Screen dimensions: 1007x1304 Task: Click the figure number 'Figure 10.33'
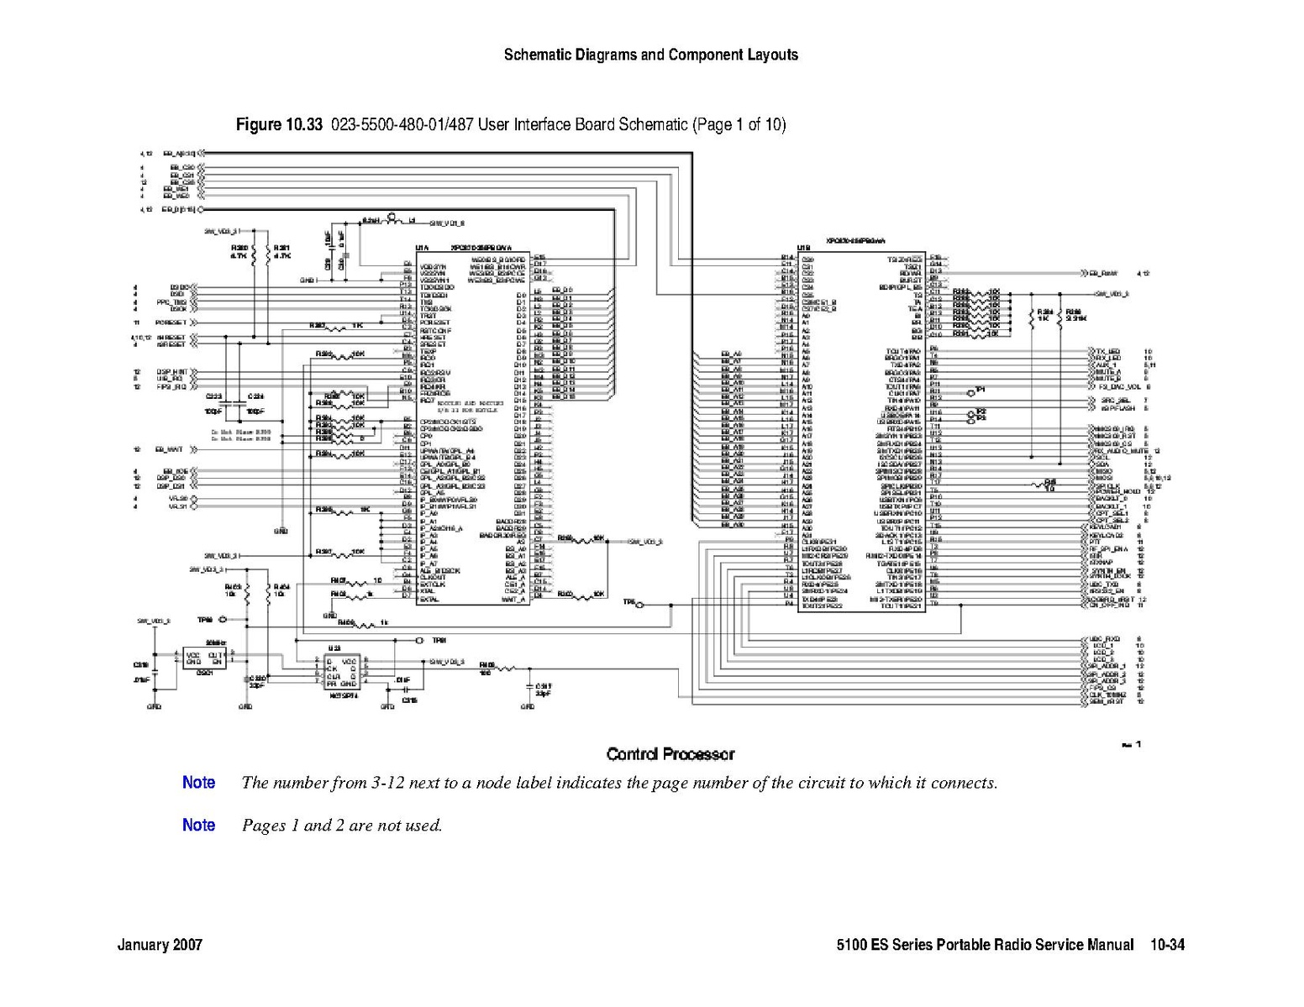pos(279,125)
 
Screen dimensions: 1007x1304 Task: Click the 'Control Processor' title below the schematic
pos(670,754)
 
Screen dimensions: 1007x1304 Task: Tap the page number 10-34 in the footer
pos(1167,945)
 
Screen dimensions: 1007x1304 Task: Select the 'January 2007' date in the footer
pos(160,945)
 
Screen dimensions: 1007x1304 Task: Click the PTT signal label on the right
pos(1094,542)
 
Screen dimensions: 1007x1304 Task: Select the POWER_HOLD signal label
pos(1117,491)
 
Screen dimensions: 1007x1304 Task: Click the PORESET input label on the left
pos(171,323)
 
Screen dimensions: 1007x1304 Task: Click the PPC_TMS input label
pos(171,302)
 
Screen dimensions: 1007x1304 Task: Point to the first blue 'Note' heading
pos(198,783)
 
